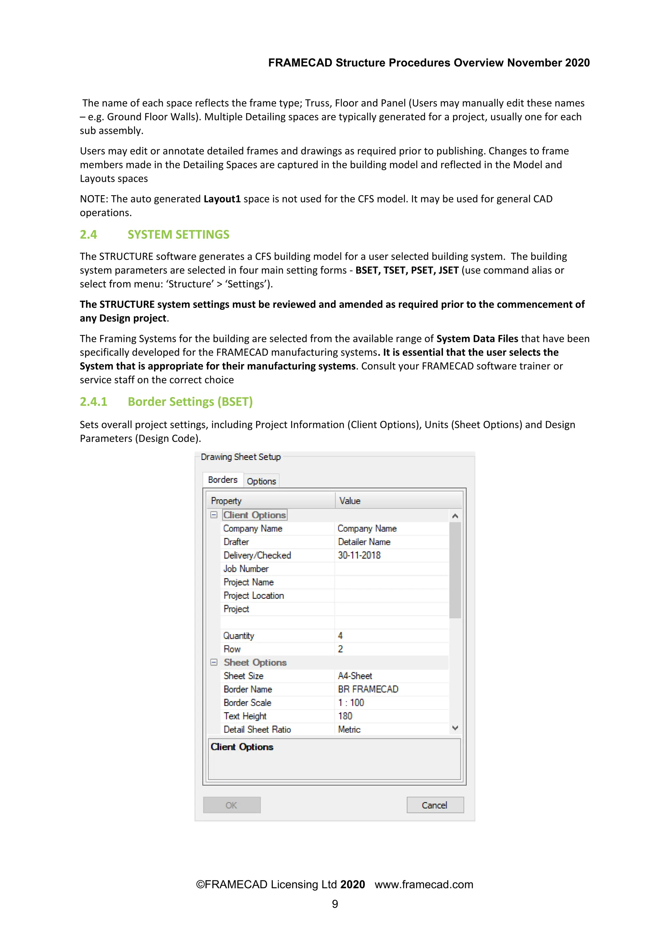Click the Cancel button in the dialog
coord(435,805)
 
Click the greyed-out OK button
coord(231,805)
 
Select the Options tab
coord(261,481)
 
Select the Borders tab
coord(223,480)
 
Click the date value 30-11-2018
coord(359,555)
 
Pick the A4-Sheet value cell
coord(355,675)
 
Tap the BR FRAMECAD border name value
coord(368,689)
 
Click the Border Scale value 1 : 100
coord(351,702)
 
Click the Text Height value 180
coord(345,716)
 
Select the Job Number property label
coord(246,569)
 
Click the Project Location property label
coord(254,596)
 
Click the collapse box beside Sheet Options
coord(214,662)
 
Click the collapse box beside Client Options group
coord(214,515)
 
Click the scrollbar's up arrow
coord(455,516)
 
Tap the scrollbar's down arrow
coord(455,728)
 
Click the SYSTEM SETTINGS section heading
coord(178,234)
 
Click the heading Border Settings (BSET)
coord(190,401)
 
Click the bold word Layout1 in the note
coord(222,199)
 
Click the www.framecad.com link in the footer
coord(424,884)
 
